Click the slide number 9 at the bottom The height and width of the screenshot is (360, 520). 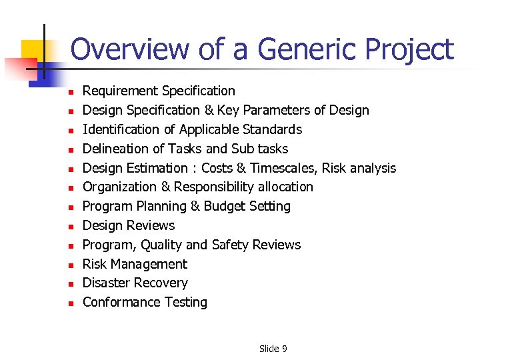pos(284,349)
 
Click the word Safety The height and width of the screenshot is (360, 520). pos(233,245)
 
